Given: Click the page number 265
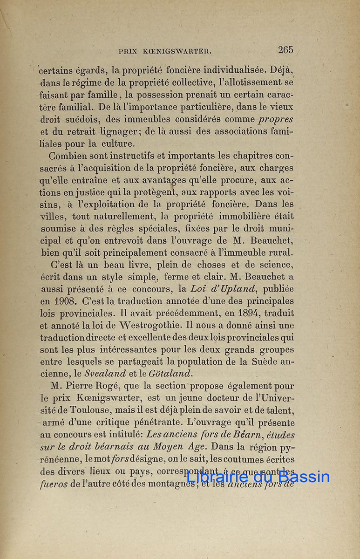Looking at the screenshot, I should (285, 50).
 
